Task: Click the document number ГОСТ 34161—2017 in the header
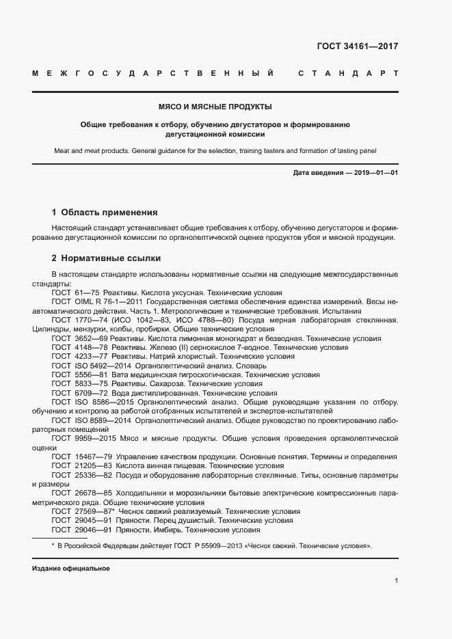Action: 357,47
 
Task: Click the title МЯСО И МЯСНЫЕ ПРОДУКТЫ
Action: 215,107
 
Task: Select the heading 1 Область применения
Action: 104,213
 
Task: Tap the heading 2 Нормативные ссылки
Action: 106,259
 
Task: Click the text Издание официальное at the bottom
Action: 70,569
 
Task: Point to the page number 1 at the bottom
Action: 396,580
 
